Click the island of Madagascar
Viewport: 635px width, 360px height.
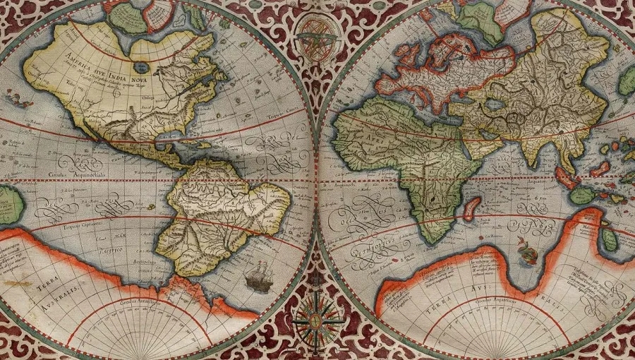[471, 208]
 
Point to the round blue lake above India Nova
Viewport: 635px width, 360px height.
[142, 68]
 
